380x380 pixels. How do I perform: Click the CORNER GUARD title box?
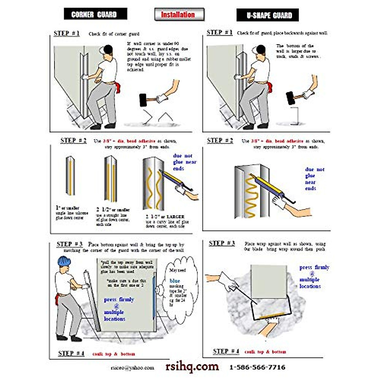95,14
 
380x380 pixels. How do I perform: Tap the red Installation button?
179,15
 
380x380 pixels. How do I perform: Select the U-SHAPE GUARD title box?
268,15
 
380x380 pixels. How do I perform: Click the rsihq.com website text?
192,366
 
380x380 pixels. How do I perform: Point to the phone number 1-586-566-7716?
257,367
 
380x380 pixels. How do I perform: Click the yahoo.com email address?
132,368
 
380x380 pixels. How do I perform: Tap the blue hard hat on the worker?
65,261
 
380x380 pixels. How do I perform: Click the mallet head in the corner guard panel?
144,100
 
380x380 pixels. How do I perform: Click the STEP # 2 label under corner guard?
73,141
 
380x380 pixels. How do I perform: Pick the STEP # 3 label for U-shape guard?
222,243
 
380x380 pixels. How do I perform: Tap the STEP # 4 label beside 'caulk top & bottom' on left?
71,353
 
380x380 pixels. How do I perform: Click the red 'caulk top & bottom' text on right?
265,352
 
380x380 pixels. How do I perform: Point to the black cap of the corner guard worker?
107,49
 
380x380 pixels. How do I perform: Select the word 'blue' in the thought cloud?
174,281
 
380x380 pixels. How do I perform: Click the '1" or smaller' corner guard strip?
70,176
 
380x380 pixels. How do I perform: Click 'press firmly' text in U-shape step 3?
314,268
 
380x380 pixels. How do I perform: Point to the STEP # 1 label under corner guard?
66,34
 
